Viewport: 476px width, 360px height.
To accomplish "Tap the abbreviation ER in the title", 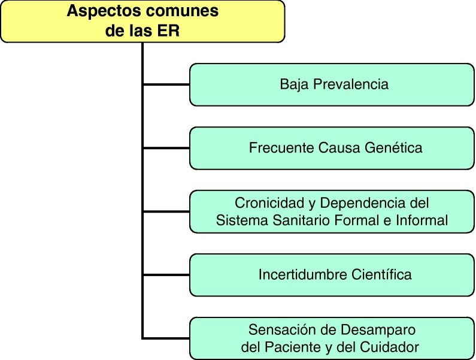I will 169,31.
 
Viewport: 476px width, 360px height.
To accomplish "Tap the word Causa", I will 339,147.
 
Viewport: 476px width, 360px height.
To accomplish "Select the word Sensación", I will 278,329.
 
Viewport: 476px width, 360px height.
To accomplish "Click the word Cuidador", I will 390,346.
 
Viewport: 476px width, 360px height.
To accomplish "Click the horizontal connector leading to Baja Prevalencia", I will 166,84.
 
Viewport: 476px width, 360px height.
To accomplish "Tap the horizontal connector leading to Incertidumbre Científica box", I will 166,275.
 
